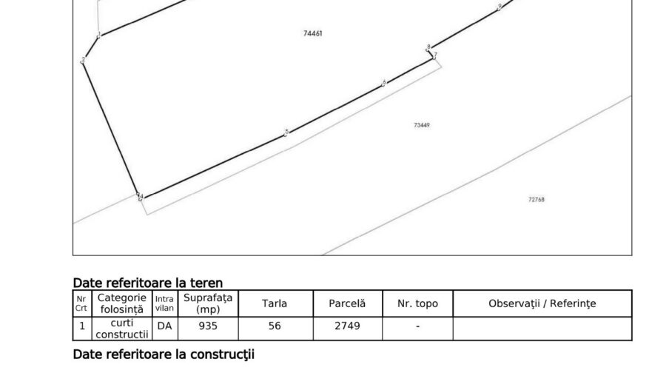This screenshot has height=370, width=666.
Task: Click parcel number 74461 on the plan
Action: pyautogui.click(x=313, y=33)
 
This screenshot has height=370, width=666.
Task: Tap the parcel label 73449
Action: pyautogui.click(x=422, y=125)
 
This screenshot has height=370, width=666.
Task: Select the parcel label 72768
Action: pyautogui.click(x=536, y=199)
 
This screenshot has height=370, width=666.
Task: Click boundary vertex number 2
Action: pyautogui.click(x=83, y=60)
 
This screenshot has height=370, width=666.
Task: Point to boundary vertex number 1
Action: pyautogui.click(x=99, y=34)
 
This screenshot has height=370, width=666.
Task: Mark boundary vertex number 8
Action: pyautogui.click(x=428, y=47)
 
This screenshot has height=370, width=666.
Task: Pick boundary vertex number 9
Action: pyautogui.click(x=500, y=7)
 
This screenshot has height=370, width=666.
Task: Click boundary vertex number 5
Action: pyautogui.click(x=286, y=132)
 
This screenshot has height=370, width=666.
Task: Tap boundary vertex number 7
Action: pyautogui.click(x=435, y=55)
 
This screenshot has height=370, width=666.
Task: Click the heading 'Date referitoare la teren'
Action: pyautogui.click(x=148, y=283)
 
